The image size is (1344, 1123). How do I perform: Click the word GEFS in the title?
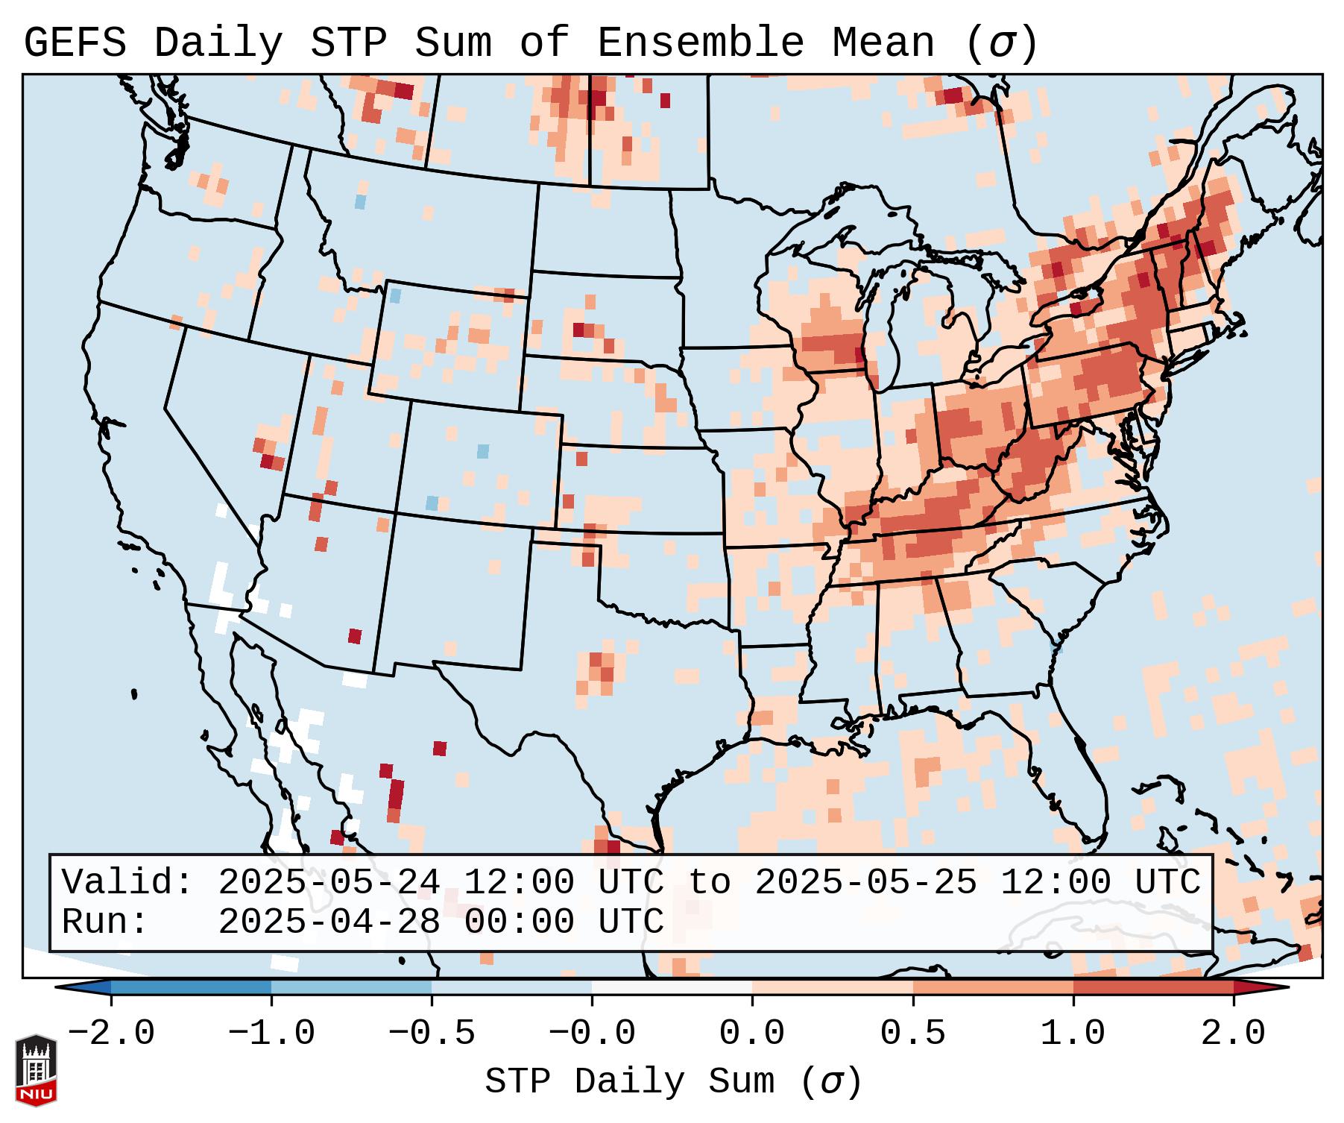point(75,43)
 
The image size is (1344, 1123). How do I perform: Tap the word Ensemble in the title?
point(701,43)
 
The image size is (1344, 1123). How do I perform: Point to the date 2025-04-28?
point(329,922)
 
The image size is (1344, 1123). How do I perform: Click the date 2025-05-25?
point(865,883)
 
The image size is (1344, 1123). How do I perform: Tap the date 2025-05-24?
point(329,883)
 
